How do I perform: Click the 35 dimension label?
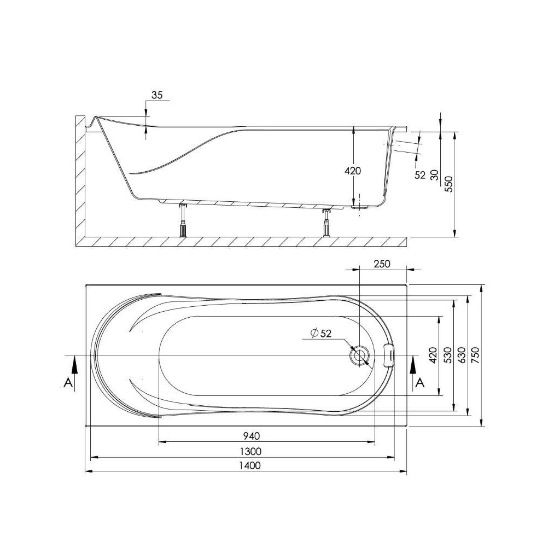[x=157, y=95]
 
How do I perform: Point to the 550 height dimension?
[x=448, y=185]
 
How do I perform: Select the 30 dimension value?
[x=435, y=175]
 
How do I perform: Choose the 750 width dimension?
[x=475, y=356]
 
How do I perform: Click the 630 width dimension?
[x=462, y=356]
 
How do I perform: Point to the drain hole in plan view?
[x=360, y=355]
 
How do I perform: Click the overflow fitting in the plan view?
[x=390, y=355]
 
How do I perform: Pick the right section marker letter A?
[x=419, y=383]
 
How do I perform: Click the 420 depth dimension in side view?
[x=353, y=171]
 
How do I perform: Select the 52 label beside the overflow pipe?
[x=420, y=175]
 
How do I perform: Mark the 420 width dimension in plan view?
[x=433, y=356]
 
